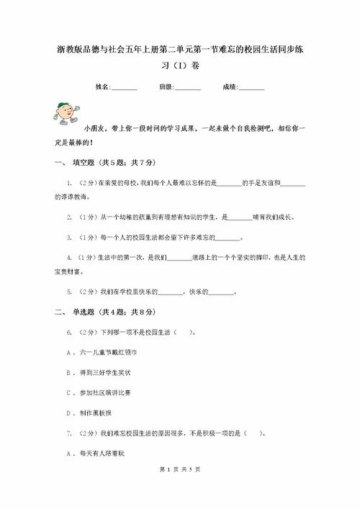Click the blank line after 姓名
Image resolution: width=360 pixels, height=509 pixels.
point(124,88)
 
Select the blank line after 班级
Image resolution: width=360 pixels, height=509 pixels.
point(188,88)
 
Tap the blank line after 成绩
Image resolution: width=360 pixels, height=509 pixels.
point(251,88)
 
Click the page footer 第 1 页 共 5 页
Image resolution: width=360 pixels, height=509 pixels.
point(179,490)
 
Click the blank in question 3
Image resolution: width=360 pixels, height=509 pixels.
point(228,238)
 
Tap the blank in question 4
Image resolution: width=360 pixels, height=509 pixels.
point(179,258)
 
